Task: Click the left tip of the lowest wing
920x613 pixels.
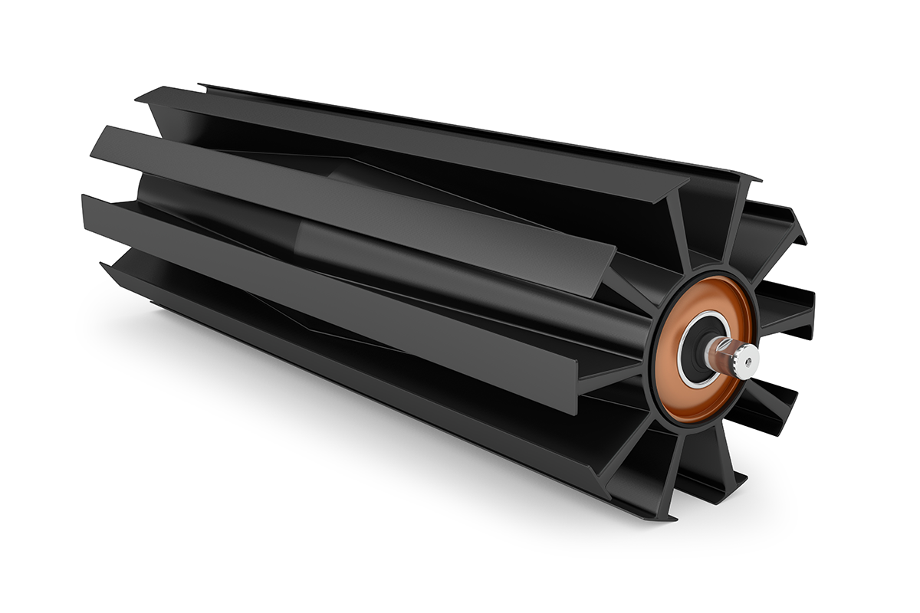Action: (104, 267)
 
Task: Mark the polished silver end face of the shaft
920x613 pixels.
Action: (747, 360)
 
